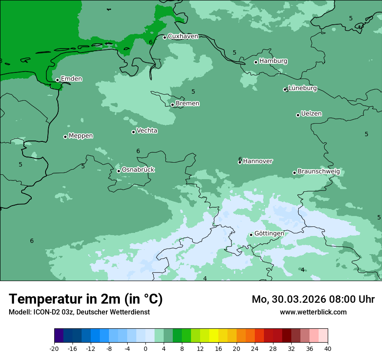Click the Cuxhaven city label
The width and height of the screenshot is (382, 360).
(183, 36)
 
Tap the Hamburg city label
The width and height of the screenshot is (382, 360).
(273, 61)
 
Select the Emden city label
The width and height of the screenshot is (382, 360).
(71, 79)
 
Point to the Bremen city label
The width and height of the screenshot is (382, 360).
(187, 104)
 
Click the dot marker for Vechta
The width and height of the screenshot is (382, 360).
(133, 132)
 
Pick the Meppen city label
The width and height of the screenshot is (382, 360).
(81, 136)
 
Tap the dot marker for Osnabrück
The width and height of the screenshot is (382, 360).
(119, 171)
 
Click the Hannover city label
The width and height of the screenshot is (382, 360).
(257, 161)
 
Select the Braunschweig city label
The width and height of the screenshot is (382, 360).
(318, 172)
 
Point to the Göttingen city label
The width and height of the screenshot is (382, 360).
(269, 234)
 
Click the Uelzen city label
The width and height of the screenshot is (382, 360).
(311, 114)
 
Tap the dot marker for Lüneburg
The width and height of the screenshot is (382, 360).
(285, 90)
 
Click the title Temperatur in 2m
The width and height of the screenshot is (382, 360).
(86, 299)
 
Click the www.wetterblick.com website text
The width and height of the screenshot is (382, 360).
(313, 312)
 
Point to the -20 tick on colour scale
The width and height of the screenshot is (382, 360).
(54, 348)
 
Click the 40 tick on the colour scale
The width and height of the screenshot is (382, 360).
(328, 348)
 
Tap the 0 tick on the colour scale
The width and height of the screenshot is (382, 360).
(145, 348)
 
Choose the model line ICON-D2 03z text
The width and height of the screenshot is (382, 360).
(79, 312)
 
